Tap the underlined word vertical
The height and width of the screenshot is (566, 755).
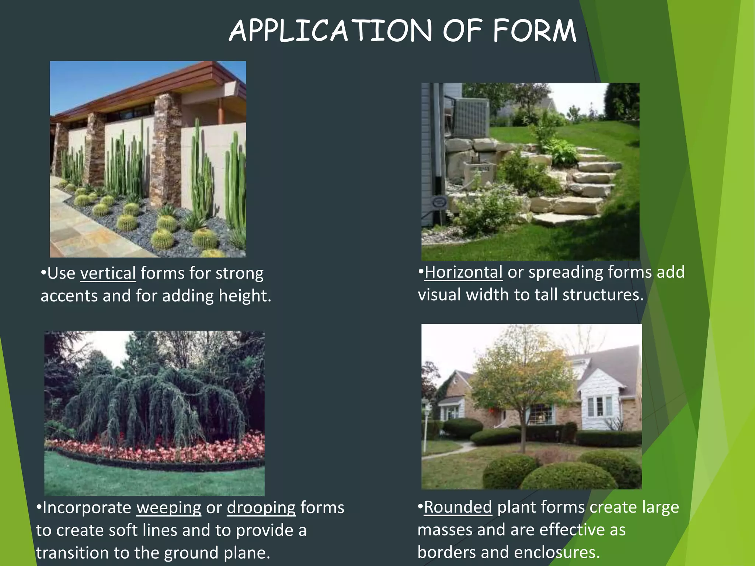pos(108,273)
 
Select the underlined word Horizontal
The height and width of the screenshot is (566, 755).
pos(463,272)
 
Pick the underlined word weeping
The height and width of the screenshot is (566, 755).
pos(169,508)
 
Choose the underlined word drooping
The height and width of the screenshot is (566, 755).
pos(261,508)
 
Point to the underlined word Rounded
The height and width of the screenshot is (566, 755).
pos(458,507)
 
